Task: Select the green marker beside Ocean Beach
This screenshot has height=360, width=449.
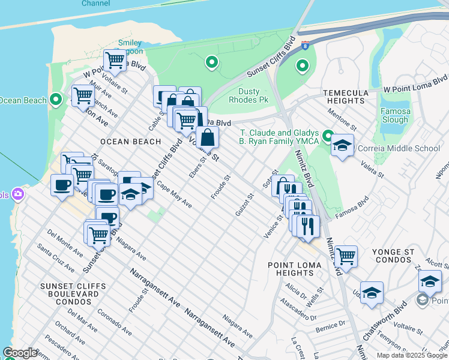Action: pos(56,99)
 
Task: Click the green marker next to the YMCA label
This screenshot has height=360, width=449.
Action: pos(328,136)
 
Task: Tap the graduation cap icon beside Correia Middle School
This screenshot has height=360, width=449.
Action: pos(342,146)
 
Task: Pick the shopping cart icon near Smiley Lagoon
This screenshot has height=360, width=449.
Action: pos(114,60)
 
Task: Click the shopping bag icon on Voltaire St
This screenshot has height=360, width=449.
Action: pos(207,137)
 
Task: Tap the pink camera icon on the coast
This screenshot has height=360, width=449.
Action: pos(19,194)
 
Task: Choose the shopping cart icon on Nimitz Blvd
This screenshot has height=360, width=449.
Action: pos(346,256)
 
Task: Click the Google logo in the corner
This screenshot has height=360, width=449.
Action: pos(20,353)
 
